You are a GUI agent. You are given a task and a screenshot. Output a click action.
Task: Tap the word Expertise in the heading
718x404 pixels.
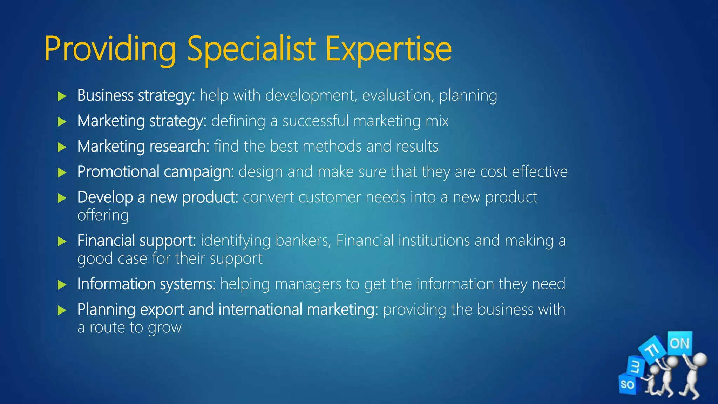click(x=388, y=49)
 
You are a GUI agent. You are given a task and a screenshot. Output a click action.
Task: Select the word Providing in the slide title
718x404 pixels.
click(x=110, y=49)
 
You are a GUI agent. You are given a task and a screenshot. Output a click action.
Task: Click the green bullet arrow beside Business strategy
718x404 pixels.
click(x=62, y=96)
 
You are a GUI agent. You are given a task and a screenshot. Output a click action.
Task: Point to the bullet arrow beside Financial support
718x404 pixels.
click(x=62, y=241)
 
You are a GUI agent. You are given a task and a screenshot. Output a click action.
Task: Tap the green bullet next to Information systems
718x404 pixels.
click(x=62, y=284)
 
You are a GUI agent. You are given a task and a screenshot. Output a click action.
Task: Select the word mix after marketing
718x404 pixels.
click(x=437, y=121)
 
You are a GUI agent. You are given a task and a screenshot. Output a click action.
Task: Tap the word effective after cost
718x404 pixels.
click(x=540, y=172)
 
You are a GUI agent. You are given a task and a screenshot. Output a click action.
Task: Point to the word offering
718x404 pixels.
click(x=103, y=215)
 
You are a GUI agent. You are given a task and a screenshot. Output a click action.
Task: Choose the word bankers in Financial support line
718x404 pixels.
click(x=303, y=241)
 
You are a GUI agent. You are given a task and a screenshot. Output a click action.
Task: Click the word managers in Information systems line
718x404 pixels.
click(x=308, y=284)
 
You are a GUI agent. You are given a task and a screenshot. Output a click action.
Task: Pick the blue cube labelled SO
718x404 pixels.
click(x=628, y=384)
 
